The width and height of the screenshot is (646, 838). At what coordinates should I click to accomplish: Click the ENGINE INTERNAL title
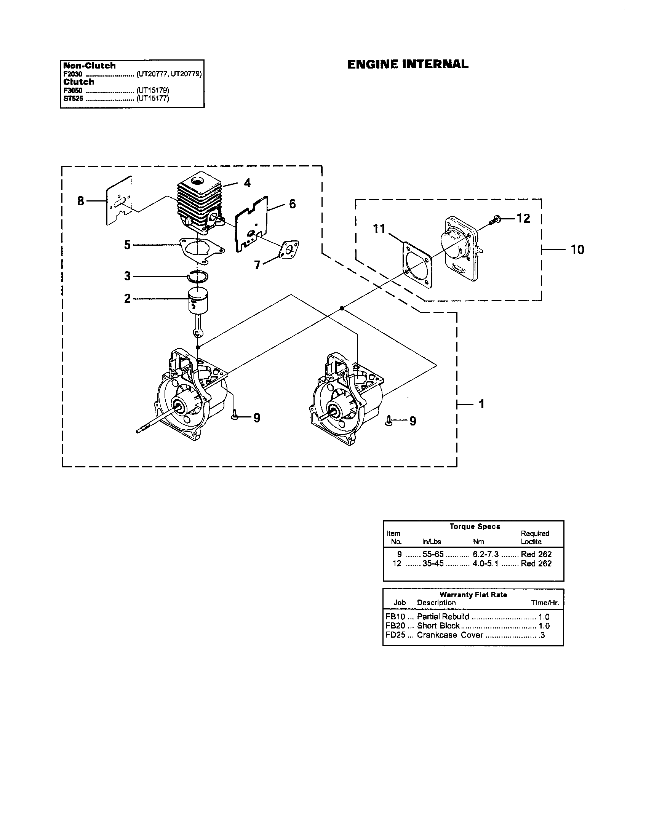point(408,64)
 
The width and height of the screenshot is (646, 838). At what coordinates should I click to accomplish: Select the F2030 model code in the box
point(72,74)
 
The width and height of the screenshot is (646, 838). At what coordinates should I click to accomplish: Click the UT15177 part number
point(153,98)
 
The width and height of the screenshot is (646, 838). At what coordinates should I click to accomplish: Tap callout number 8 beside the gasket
point(80,201)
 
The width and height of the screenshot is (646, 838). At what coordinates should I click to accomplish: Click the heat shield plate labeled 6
point(251,225)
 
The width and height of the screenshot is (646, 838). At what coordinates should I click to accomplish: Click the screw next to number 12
point(494,220)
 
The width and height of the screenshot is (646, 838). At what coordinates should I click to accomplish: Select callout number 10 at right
point(577,250)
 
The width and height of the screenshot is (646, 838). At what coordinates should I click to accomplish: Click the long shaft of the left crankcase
point(154,422)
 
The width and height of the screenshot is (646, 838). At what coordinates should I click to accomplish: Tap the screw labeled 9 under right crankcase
point(389,421)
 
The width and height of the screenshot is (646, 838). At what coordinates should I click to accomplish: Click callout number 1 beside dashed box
point(481,404)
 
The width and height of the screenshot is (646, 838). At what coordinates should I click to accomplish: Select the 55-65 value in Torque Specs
point(433,554)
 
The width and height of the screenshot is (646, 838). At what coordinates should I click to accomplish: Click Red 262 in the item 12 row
point(536,563)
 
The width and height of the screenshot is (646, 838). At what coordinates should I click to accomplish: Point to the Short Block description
point(438,625)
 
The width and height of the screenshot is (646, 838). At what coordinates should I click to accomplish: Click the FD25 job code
point(395,635)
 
